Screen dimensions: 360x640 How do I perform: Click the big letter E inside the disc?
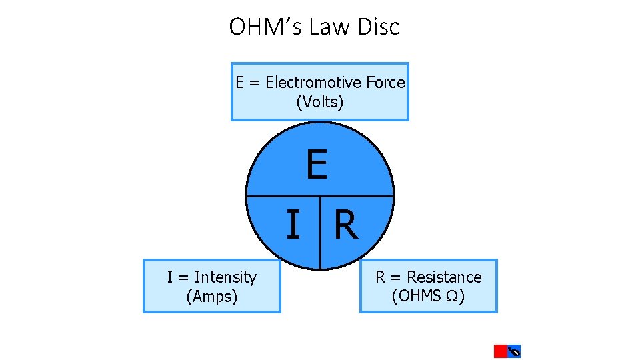pos(317,165)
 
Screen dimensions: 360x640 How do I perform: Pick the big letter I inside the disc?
pos(292,225)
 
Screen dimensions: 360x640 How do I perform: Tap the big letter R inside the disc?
pos(346,225)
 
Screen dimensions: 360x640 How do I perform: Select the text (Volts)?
pos(320,102)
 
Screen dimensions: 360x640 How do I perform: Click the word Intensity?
pos(225,277)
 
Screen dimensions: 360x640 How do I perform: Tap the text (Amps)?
pos(212,297)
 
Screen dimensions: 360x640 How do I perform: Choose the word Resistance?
pos(444,277)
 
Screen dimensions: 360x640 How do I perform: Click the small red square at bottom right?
pos(500,351)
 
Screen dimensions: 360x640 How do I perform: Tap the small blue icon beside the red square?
pos(514,351)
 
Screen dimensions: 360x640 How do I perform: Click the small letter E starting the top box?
pos(240,83)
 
